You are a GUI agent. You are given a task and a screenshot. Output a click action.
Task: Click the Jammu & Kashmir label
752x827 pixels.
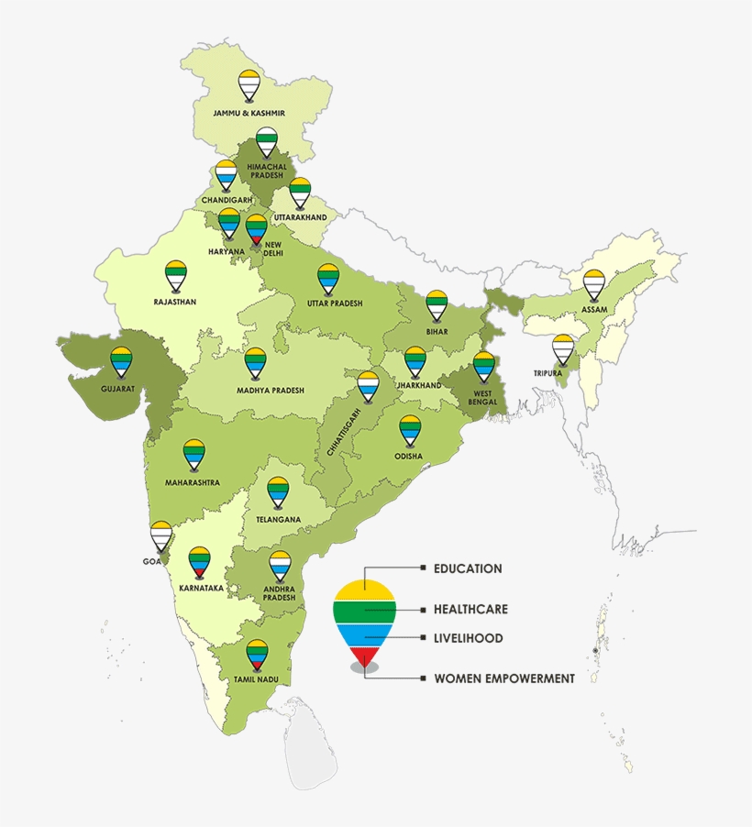[x=249, y=113]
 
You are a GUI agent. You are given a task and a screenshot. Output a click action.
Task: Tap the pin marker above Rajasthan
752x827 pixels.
[x=175, y=272]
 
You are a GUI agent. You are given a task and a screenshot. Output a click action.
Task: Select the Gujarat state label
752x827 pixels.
[x=118, y=388]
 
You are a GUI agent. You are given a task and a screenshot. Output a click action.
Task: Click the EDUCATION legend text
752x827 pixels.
[x=467, y=568]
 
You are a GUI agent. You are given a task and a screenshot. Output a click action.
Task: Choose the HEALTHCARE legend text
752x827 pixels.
[x=470, y=609]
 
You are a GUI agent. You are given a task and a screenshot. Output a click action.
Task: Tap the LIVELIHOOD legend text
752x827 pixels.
[x=468, y=638]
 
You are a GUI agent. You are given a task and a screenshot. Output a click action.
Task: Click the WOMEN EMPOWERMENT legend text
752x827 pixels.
[x=504, y=678]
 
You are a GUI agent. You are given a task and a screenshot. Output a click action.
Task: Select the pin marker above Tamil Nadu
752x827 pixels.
[x=257, y=652]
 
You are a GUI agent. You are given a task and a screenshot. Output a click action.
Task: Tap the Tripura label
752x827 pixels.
[x=548, y=373]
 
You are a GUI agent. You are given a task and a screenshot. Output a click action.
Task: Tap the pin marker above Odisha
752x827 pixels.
[x=410, y=428]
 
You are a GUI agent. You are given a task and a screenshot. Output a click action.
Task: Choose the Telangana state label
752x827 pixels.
[x=278, y=519]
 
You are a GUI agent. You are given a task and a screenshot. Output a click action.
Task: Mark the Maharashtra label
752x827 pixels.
[x=192, y=481]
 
